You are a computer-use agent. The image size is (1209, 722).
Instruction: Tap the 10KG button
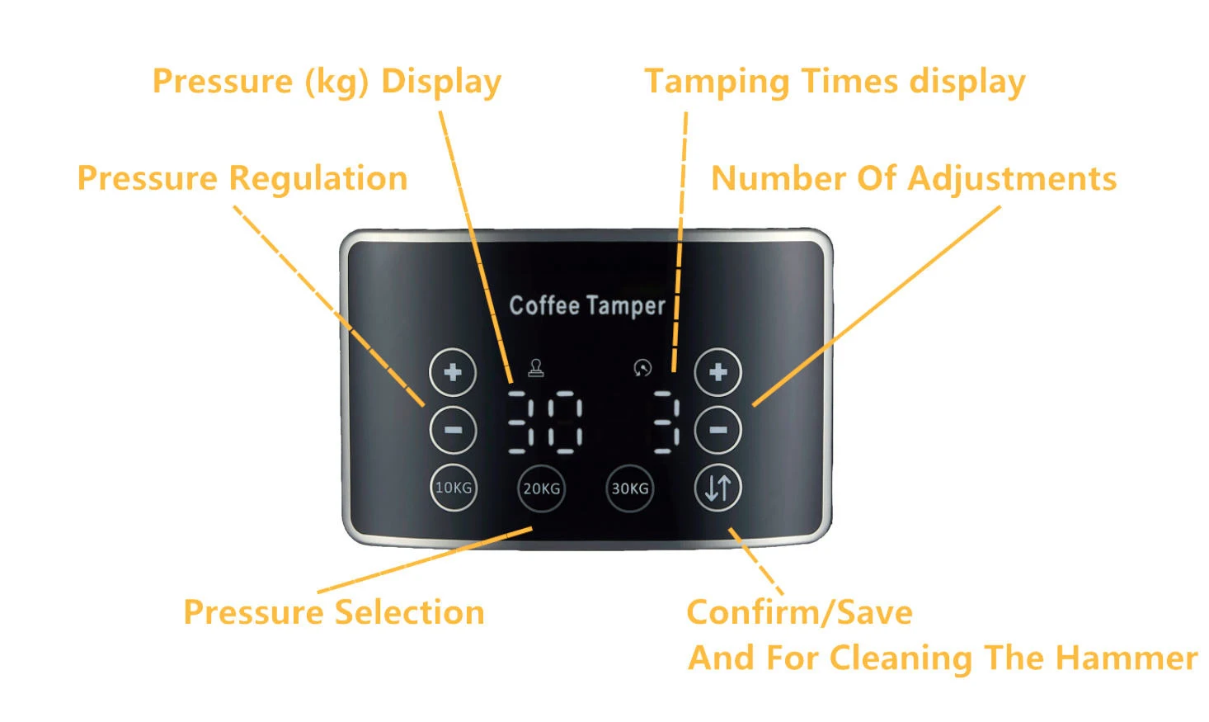click(x=453, y=488)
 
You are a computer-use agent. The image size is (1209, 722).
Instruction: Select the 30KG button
click(x=629, y=488)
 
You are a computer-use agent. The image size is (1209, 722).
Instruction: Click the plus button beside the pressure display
click(x=453, y=372)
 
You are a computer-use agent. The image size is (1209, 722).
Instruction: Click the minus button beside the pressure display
click(x=453, y=430)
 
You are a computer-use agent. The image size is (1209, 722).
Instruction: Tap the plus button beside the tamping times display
click(x=717, y=372)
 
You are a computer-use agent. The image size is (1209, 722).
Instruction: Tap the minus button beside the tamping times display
click(x=717, y=430)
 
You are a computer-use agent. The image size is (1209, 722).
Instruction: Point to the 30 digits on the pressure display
click(x=544, y=422)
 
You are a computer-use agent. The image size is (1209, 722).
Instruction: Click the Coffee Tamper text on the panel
click(x=586, y=305)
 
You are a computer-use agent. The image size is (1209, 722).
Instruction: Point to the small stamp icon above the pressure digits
click(x=536, y=368)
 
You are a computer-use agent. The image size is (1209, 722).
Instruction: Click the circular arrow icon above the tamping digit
click(x=642, y=368)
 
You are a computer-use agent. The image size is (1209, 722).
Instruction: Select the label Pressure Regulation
click(x=242, y=178)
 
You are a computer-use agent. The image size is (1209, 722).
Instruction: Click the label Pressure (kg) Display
click(x=327, y=82)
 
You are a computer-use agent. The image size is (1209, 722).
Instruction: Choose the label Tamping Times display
click(x=835, y=82)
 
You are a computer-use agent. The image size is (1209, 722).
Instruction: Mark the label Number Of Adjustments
click(x=914, y=178)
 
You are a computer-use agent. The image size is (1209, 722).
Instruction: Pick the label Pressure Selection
click(x=334, y=612)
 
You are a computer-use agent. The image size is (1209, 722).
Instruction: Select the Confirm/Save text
click(x=799, y=612)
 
